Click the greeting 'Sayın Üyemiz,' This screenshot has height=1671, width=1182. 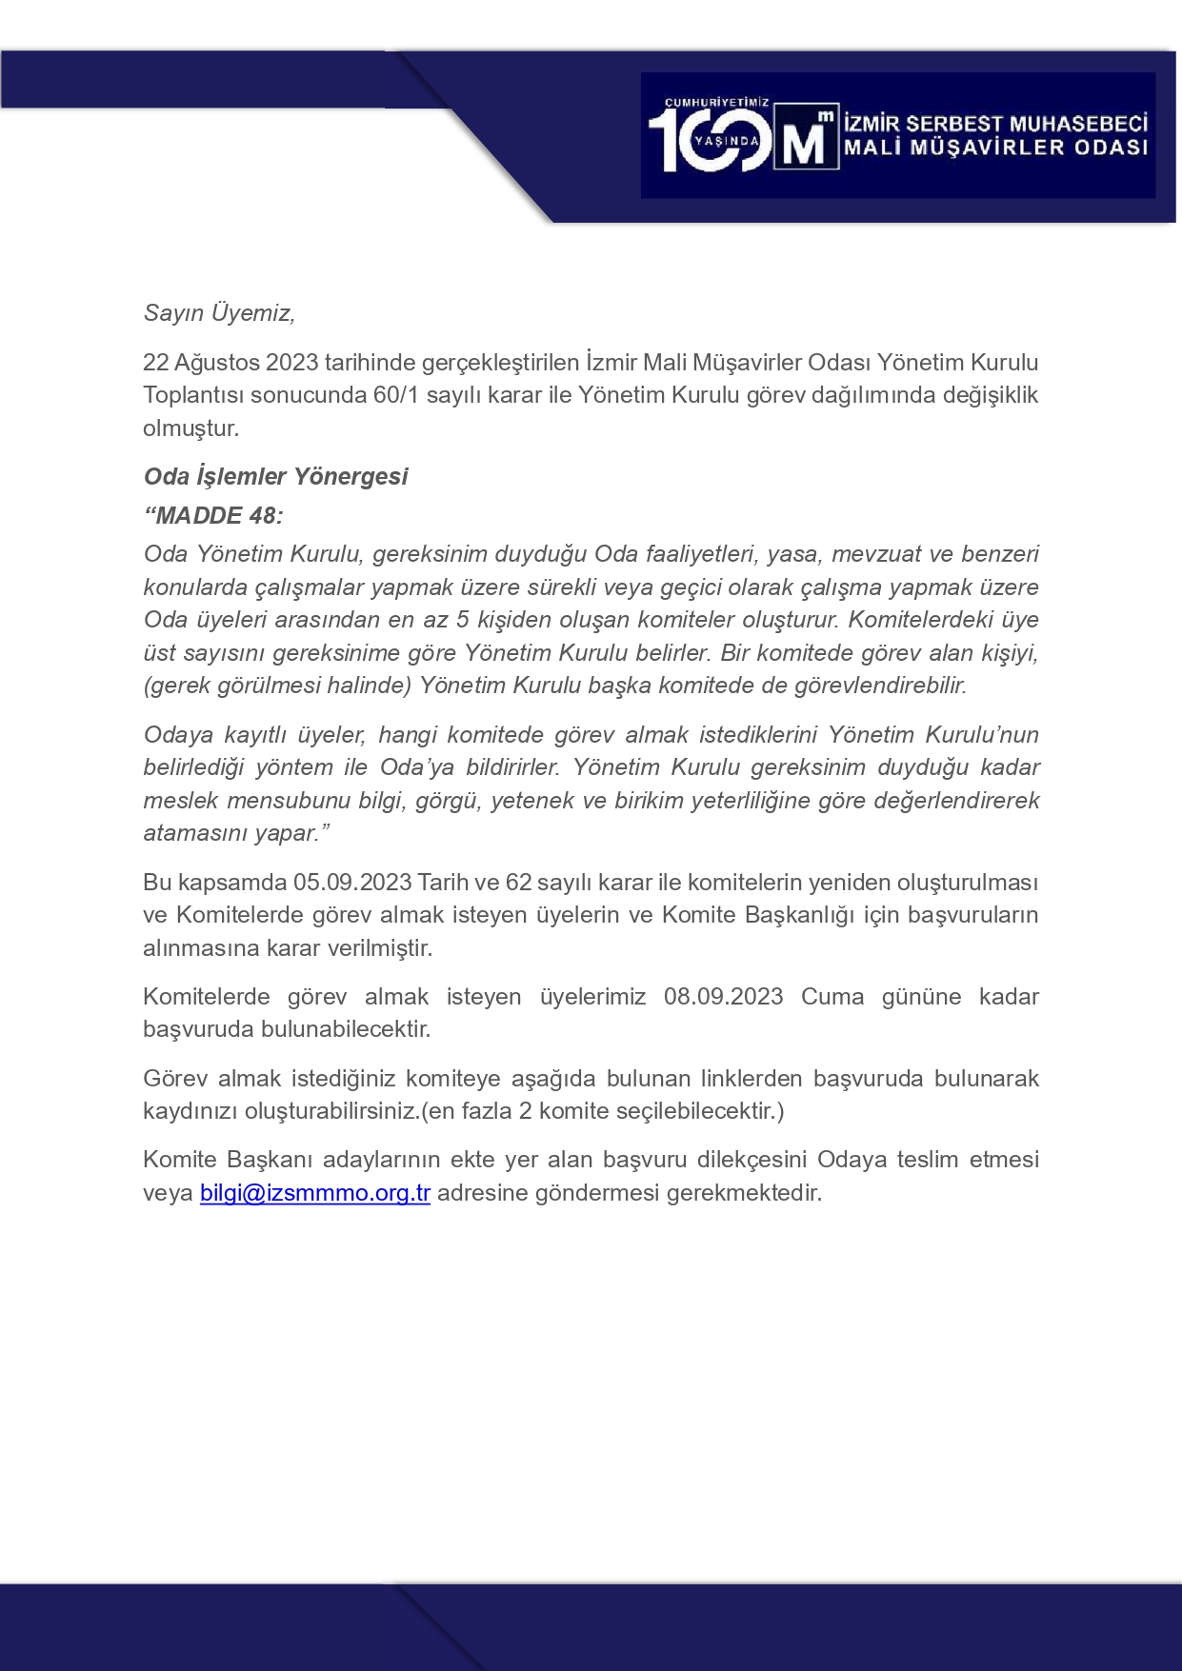click(x=219, y=312)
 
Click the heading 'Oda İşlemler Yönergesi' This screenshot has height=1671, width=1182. click(x=275, y=476)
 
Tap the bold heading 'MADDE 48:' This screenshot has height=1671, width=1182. click(x=213, y=515)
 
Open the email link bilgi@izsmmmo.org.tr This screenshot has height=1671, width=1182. click(x=314, y=1193)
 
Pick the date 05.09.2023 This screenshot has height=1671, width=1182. click(x=351, y=883)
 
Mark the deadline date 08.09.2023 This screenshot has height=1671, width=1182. click(x=723, y=997)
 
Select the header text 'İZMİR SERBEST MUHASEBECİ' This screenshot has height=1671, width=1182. click(x=995, y=123)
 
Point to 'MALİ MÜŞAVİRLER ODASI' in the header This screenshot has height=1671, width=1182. click(x=995, y=148)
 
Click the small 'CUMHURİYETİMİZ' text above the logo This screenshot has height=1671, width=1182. click(x=716, y=102)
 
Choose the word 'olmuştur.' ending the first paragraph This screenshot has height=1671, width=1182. click(x=190, y=428)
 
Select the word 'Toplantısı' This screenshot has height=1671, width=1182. click(x=193, y=395)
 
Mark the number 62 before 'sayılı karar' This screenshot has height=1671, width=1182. click(x=518, y=883)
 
